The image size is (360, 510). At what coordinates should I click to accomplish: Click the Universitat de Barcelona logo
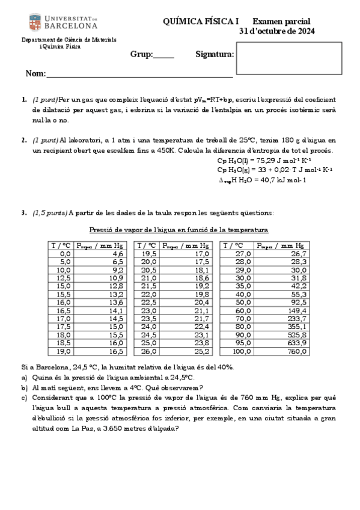[63, 22]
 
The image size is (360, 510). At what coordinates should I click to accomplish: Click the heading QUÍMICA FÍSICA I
[201, 21]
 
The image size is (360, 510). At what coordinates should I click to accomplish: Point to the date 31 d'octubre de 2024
[277, 31]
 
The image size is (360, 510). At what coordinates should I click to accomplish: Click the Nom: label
[35, 74]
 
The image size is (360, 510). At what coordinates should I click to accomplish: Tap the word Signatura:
[215, 55]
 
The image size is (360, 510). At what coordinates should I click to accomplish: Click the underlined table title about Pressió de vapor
[178, 230]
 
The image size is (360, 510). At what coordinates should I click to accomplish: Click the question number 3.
[23, 212]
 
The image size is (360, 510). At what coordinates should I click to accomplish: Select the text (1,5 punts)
[50, 212]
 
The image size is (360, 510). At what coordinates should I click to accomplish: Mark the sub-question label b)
[24, 387]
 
